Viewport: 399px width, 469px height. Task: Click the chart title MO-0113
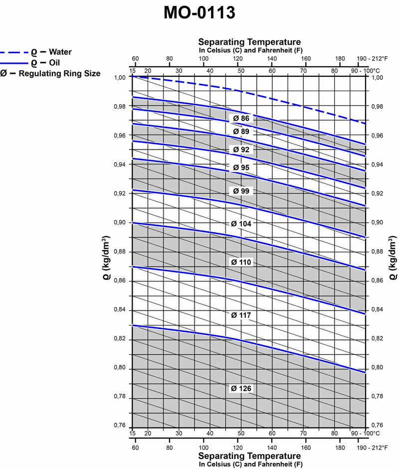coord(199,14)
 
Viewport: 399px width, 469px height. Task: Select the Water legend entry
coord(50,52)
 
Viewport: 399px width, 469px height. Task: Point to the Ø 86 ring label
coord(241,119)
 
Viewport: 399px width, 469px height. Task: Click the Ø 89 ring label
coord(241,132)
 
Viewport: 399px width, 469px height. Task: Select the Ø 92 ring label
coord(241,150)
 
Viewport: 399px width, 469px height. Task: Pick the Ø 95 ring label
coord(241,167)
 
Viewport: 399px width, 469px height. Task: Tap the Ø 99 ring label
coord(241,191)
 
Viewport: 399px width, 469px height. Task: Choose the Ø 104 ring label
coord(241,224)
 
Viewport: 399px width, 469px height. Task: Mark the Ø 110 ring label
coord(241,262)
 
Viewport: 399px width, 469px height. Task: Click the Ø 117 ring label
coord(241,315)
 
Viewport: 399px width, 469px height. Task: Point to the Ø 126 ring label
coord(241,388)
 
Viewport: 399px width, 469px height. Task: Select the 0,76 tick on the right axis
coord(378,425)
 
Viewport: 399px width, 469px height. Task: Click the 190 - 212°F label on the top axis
coord(372,58)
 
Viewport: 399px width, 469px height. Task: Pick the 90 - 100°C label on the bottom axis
coord(364,433)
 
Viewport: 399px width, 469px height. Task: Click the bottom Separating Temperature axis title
coord(249,456)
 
